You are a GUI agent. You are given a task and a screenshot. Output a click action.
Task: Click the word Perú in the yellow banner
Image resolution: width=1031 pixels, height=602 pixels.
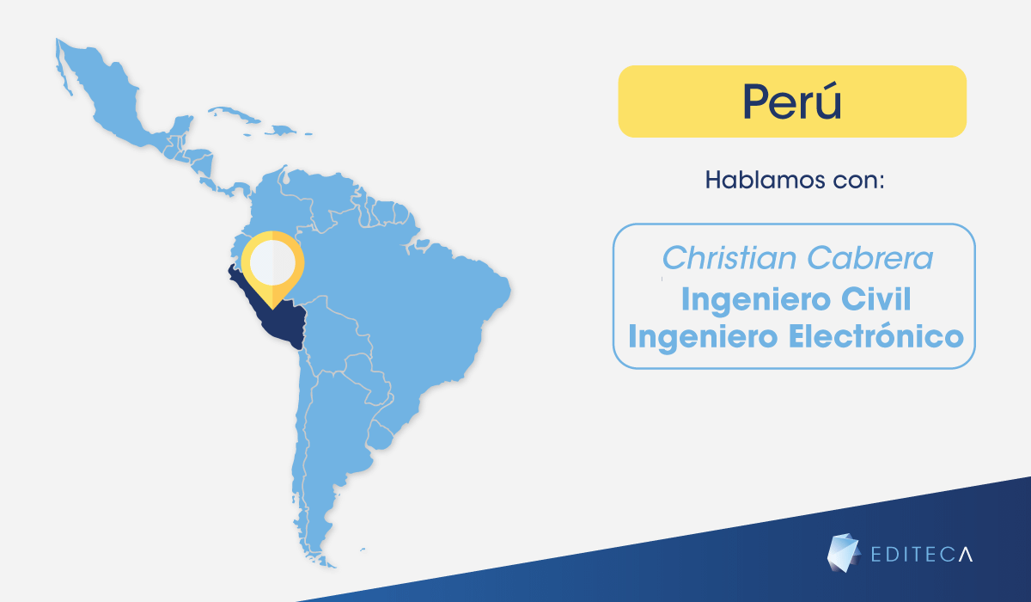[x=791, y=101]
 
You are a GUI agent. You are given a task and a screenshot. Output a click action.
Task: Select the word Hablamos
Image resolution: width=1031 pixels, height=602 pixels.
[x=765, y=180]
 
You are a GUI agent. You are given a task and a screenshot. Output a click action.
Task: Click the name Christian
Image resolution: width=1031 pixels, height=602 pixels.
[x=729, y=257]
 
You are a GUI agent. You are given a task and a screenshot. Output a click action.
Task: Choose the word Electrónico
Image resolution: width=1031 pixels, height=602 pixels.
[x=875, y=336]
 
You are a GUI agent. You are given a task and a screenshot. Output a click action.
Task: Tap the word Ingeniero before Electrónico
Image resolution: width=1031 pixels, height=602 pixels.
[x=704, y=338]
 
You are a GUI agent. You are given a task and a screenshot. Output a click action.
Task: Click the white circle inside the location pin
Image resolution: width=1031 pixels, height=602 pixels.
[x=272, y=262]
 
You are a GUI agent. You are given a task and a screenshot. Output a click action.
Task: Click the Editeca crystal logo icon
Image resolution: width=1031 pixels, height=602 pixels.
[x=843, y=553]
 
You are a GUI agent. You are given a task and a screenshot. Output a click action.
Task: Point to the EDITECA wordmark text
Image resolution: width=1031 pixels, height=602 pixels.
[x=921, y=554]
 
